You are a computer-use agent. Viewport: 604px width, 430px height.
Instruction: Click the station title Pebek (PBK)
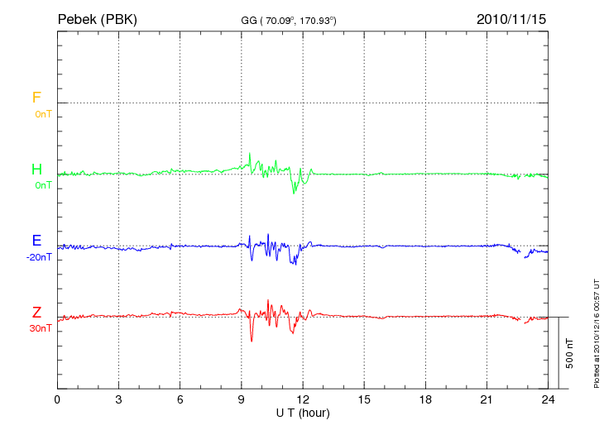(x=97, y=18)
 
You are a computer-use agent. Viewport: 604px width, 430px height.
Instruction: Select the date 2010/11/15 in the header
(x=511, y=18)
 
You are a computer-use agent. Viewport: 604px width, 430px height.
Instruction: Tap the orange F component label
(x=36, y=98)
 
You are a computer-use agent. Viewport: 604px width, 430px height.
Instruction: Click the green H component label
(x=36, y=170)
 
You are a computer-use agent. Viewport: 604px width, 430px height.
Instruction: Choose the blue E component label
(x=36, y=241)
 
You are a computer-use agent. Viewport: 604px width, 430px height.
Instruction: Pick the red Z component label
(x=36, y=312)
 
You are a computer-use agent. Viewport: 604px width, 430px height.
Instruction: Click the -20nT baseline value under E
(x=38, y=257)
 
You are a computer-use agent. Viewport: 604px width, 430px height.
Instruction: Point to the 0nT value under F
(x=42, y=114)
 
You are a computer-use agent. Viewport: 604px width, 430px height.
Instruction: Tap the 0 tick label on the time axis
(x=57, y=400)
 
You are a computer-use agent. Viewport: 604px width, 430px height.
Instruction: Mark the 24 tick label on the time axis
(x=548, y=400)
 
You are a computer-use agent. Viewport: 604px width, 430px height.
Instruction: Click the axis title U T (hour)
(x=302, y=413)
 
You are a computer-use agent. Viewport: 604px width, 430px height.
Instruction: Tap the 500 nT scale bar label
(x=570, y=353)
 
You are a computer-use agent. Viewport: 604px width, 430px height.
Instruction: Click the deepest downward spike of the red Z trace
(x=252, y=341)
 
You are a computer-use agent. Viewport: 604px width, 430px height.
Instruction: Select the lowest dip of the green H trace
(x=293, y=193)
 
